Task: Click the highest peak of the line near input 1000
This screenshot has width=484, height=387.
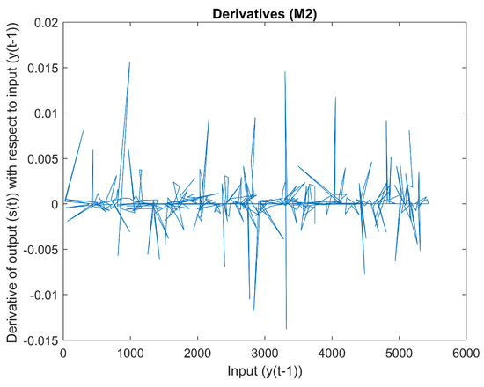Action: coord(130,62)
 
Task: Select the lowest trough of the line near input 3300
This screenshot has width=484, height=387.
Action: coord(286,329)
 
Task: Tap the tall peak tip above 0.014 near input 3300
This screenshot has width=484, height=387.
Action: coord(285,72)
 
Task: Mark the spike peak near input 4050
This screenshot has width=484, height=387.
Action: coord(335,98)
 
